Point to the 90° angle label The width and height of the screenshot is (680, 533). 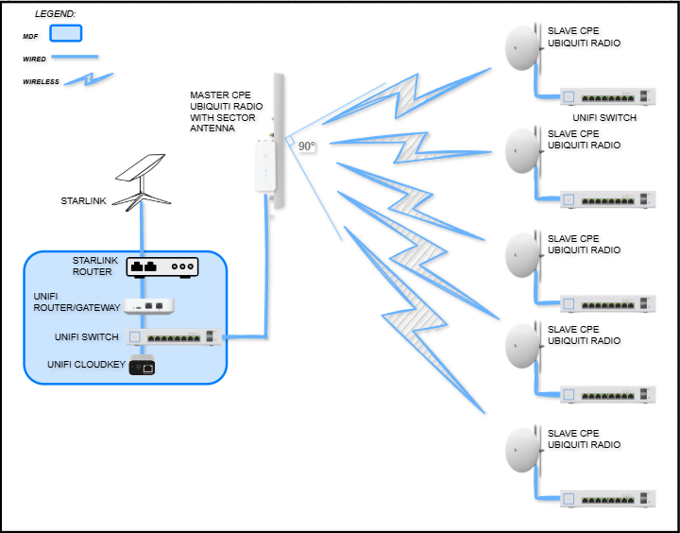307,146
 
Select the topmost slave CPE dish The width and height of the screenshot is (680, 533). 522,46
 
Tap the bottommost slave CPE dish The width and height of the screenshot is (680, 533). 522,449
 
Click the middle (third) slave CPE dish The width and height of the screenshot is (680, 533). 522,253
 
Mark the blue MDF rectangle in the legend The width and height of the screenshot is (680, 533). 65,34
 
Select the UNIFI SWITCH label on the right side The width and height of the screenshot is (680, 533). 604,117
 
